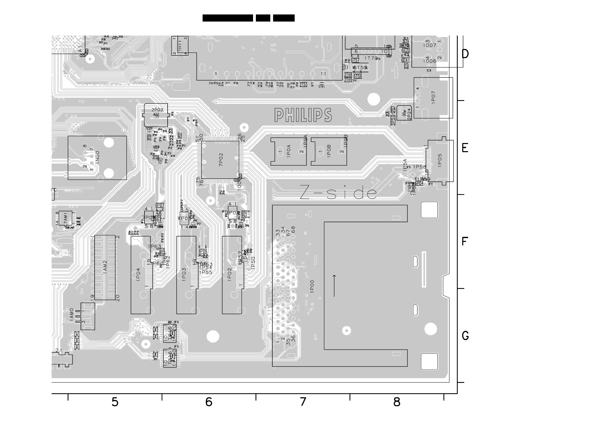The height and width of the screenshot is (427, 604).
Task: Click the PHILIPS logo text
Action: coord(303,115)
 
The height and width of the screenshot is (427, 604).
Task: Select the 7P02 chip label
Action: coord(221,159)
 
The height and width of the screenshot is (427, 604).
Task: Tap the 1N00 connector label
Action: coord(98,158)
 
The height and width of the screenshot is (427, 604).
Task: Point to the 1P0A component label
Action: coord(289,151)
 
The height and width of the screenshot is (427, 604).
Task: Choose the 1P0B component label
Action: coord(329,151)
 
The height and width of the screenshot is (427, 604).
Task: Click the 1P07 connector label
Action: coord(434,97)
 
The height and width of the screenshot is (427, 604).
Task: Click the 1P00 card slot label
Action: coord(312,286)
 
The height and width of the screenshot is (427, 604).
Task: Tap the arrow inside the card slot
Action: coord(334,286)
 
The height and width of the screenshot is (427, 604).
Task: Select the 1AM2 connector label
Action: coord(105,267)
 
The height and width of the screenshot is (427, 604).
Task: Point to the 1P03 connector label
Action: coord(184,275)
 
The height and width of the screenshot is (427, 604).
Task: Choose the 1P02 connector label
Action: coord(229,275)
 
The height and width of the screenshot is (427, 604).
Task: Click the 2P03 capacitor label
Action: coord(157,110)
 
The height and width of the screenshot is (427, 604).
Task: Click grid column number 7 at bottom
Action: coord(303,402)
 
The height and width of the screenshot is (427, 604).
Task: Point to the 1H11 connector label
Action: coord(180,46)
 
